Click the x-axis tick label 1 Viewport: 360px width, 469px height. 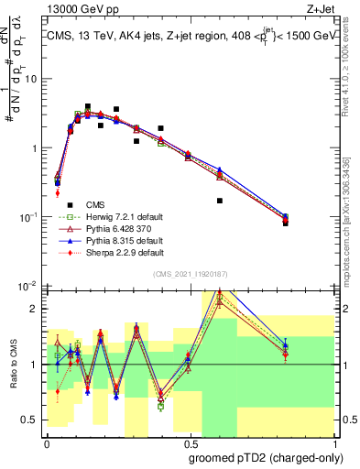(x=333, y=444)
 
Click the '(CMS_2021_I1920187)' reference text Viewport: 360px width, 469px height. (x=191, y=274)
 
